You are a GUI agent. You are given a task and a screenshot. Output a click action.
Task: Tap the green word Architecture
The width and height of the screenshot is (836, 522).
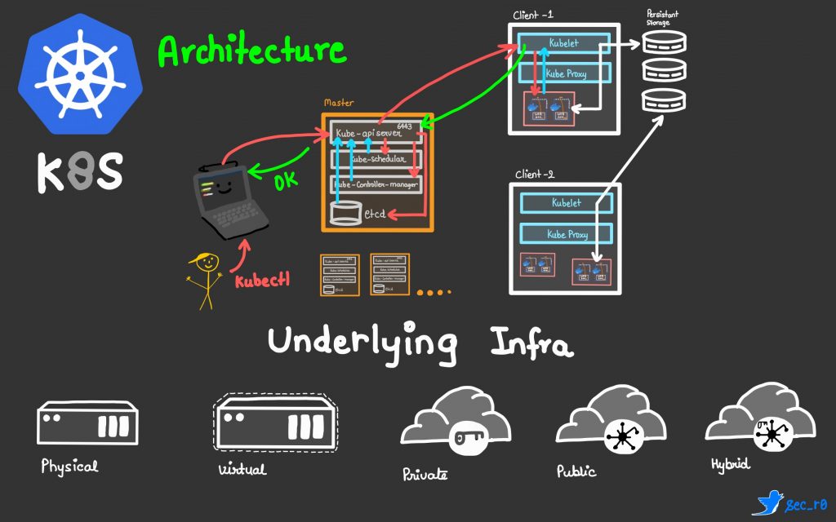(x=251, y=51)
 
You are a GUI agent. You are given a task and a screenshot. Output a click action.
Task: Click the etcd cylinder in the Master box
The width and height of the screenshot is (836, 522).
(x=344, y=214)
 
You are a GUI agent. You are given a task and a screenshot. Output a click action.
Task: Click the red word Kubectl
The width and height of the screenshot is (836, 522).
(x=262, y=282)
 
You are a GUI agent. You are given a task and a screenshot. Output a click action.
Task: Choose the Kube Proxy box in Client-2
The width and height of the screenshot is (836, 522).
(x=566, y=235)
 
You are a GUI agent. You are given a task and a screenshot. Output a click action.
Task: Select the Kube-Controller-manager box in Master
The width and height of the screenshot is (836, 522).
(x=376, y=184)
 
